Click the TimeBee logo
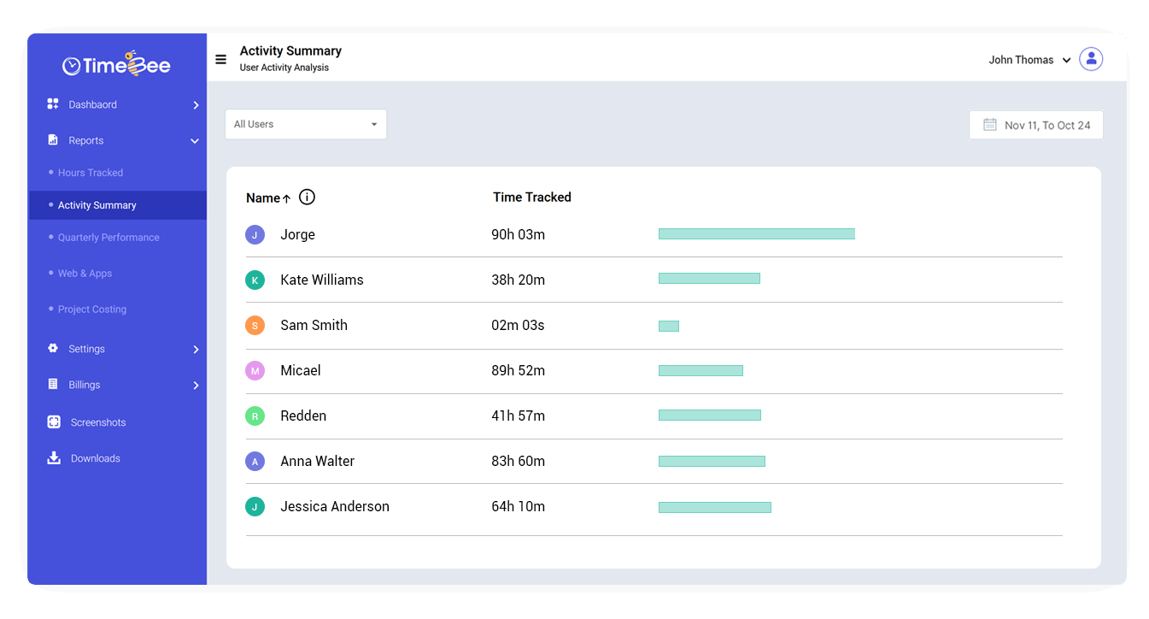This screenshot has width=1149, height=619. coord(116,65)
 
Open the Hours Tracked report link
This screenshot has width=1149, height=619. coord(91,173)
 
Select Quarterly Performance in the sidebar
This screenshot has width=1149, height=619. coord(108,238)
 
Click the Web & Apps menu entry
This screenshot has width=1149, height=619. coord(85,274)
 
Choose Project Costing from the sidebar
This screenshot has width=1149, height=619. coord(92,309)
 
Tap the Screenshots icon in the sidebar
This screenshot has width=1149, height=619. coord(54,422)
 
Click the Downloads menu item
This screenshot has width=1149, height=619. coord(95,458)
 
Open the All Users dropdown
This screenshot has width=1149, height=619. coord(306,124)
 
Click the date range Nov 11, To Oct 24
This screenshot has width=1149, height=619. coord(1036,125)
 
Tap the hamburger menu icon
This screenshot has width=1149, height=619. coord(220,60)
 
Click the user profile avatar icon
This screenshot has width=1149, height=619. coord(1091,60)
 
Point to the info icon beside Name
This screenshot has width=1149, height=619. coord(308,197)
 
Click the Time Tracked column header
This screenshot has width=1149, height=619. coord(532,197)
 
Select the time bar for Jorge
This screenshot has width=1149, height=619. coord(756,234)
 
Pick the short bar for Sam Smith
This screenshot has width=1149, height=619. coord(669,326)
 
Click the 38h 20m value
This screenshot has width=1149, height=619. coord(518,280)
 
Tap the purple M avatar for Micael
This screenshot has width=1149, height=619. coord(255,371)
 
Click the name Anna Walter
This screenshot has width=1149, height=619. coord(317,461)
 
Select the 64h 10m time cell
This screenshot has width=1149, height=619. coord(518,506)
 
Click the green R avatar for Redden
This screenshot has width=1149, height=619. coord(255,416)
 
